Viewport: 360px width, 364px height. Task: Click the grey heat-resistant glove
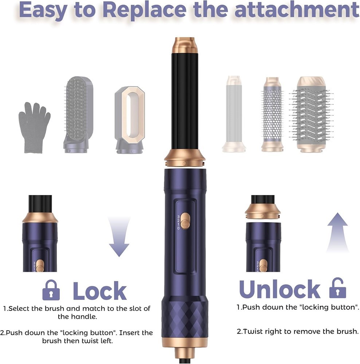coord(34,128)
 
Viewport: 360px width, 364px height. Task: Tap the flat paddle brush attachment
coord(78,115)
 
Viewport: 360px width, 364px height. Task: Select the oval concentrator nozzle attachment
coord(130,120)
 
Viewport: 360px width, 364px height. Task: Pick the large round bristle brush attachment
coord(311,114)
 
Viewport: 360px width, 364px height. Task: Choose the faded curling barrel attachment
coord(234,114)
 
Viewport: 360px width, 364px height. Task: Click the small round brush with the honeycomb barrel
coord(273,114)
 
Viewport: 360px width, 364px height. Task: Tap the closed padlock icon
coord(51,290)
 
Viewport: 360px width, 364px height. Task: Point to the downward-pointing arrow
coord(119,237)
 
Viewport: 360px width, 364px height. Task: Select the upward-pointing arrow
coord(337,233)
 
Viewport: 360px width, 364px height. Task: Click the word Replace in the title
coord(145,10)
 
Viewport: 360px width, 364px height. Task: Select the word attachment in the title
coord(297,10)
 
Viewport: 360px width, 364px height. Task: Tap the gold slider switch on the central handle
coord(185,221)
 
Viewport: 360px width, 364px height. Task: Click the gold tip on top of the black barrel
coord(185,45)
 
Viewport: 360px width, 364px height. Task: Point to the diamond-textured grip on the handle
coord(185,320)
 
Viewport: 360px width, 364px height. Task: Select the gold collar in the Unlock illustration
coord(263,211)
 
